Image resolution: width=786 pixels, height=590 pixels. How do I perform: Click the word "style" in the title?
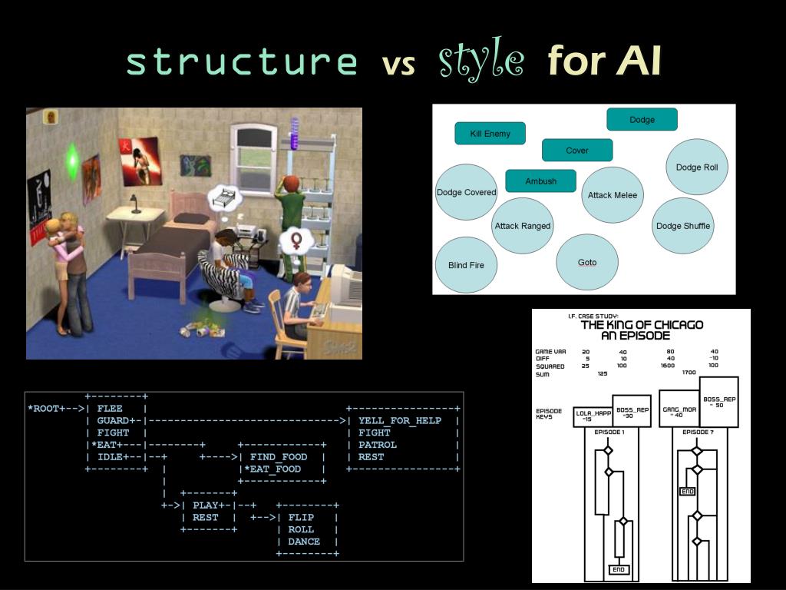pyautogui.click(x=481, y=61)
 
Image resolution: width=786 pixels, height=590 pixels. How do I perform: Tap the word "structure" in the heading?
pyautogui.click(x=242, y=61)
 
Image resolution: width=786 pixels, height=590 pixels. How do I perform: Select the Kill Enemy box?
pyautogui.click(x=490, y=134)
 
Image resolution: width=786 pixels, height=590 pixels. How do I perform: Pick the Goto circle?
pyautogui.click(x=587, y=263)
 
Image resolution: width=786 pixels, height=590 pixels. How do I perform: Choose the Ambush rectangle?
pyautogui.click(x=541, y=181)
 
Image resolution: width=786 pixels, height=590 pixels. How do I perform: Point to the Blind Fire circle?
pyautogui.click(x=466, y=266)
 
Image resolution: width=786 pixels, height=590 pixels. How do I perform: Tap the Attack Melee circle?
pyautogui.click(x=613, y=195)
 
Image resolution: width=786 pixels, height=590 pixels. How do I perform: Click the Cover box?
pyautogui.click(x=577, y=151)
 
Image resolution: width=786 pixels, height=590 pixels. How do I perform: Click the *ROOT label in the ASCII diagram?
pyautogui.click(x=45, y=409)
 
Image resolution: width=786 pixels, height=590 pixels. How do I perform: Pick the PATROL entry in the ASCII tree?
pyautogui.click(x=378, y=445)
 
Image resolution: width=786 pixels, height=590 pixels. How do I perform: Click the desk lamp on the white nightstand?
pyautogui.click(x=135, y=204)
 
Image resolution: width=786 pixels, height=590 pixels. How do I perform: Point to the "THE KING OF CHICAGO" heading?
pyautogui.click(x=642, y=325)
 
